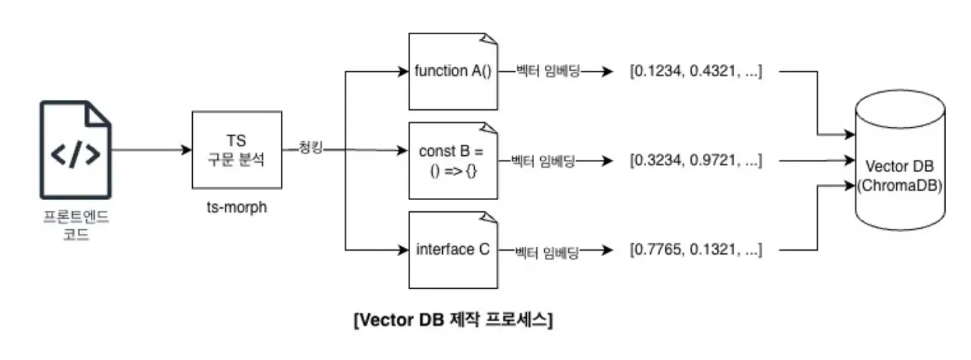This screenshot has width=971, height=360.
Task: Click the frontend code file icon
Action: click(x=75, y=149)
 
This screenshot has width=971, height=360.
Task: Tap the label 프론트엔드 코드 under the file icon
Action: click(x=75, y=227)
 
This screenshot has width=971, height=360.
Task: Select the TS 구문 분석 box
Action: click(x=235, y=150)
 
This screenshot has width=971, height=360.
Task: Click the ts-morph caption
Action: click(x=236, y=207)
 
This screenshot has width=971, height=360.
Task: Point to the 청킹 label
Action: click(x=311, y=149)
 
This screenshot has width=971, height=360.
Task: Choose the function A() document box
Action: click(x=453, y=71)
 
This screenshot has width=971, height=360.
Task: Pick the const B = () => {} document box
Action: click(x=453, y=161)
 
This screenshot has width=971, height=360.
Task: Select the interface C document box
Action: click(x=453, y=250)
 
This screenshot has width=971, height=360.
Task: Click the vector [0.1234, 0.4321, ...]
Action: click(x=696, y=71)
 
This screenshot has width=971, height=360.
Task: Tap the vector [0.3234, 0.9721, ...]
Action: click(x=696, y=161)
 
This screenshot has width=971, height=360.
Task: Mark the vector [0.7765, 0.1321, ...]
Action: click(x=696, y=251)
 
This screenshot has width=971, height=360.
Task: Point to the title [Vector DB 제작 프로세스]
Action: click(x=453, y=320)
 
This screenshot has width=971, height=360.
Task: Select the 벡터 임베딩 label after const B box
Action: click(x=542, y=161)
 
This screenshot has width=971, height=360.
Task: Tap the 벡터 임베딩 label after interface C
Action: click(x=546, y=251)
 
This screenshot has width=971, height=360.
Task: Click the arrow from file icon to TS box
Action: click(x=150, y=150)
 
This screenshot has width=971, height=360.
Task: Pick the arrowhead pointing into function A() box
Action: click(x=403, y=71)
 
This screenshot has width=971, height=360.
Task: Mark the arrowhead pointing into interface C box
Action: click(x=403, y=251)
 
